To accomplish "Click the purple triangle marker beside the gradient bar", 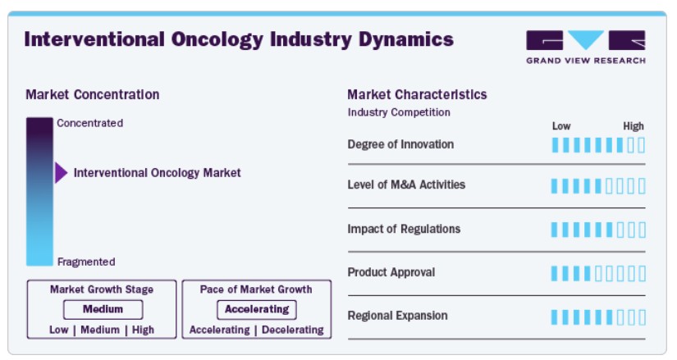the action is point(62,173).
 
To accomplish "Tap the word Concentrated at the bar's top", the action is point(89,123).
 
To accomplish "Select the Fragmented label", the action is point(86,262).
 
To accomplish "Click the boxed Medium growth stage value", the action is point(103,309).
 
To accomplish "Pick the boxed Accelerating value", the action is point(257,309).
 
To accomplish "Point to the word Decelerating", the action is point(293,330).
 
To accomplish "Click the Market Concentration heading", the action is point(93,94).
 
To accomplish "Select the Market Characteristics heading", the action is point(417,94).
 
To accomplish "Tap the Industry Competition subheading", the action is point(399,112).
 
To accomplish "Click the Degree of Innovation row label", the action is point(400,144).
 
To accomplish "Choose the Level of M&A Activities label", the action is point(406,185).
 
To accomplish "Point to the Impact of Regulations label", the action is point(404,229).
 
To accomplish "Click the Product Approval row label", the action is point(391,272).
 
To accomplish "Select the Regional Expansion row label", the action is point(398,316).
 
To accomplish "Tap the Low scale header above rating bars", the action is point(561,126).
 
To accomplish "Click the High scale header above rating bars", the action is point(634,126).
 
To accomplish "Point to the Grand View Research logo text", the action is point(586,61).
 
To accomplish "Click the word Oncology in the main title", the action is point(217,39).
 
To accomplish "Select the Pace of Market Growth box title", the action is point(256,289).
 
